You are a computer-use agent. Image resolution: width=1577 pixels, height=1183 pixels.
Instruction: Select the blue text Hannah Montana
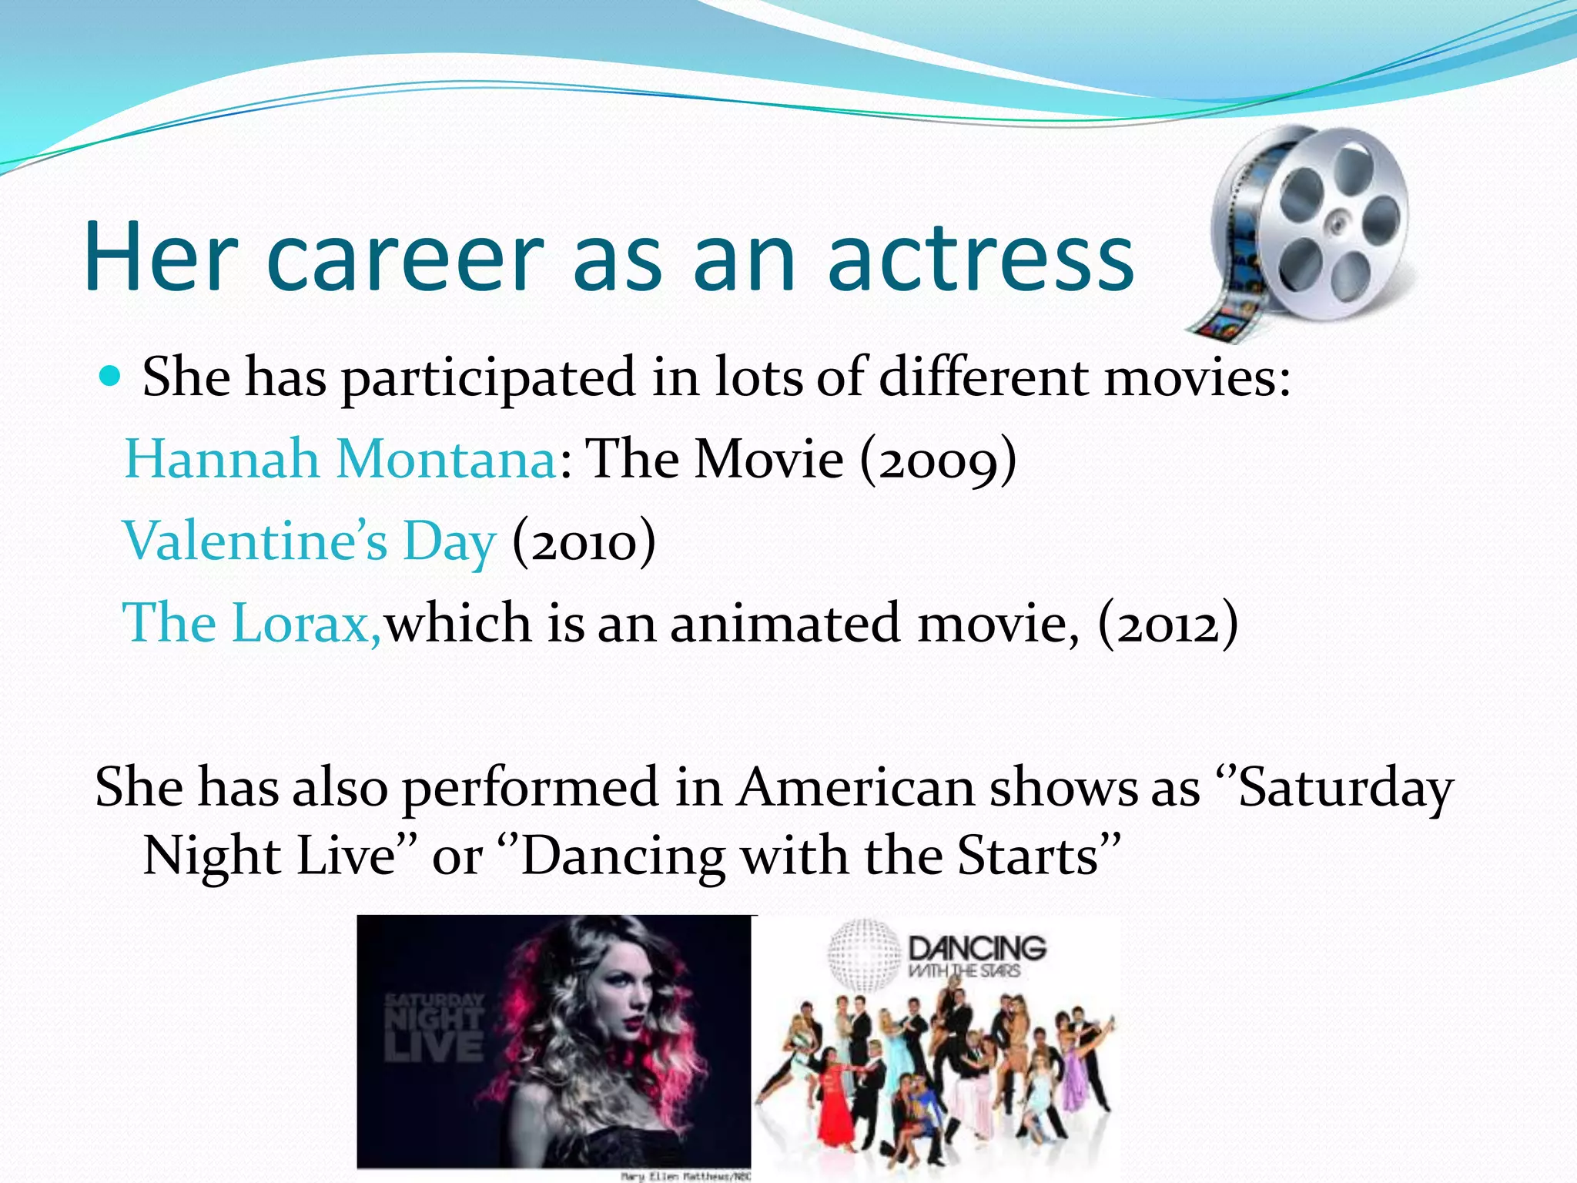pyautogui.click(x=340, y=459)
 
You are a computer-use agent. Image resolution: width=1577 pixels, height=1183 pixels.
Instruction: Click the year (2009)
pyautogui.click(x=938, y=461)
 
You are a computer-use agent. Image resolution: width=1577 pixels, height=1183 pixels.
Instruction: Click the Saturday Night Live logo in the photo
pyautogui.click(x=434, y=1028)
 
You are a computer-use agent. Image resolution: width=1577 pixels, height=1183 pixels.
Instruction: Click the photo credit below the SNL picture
pyautogui.click(x=685, y=1176)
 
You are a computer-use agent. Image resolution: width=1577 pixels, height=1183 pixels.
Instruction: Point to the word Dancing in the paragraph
pyautogui.click(x=622, y=856)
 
